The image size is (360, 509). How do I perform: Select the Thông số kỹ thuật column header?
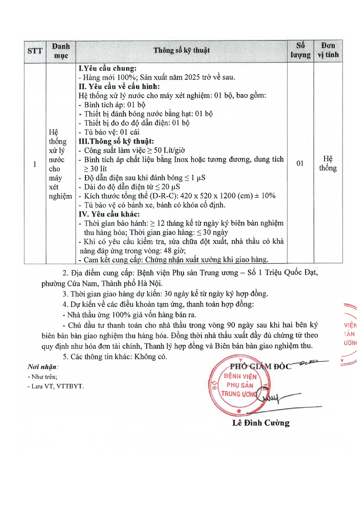tap(181, 50)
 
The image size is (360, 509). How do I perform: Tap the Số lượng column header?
tap(300, 50)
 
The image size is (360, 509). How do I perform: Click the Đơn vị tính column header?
tap(328, 50)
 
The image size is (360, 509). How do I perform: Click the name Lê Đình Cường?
tap(261, 423)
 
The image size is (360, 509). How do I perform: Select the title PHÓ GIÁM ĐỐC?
tap(261, 366)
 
